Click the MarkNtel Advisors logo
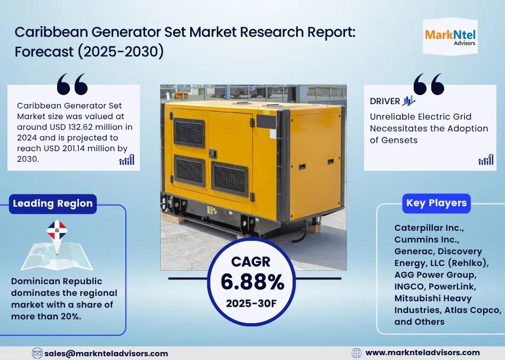tap(450, 37)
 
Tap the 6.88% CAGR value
tap(253, 282)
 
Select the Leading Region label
tap(53, 204)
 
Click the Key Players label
tap(436, 203)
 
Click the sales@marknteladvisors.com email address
tap(106, 354)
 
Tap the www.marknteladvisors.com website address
tap(423, 353)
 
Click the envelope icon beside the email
tap(37, 354)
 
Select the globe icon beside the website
tap(356, 353)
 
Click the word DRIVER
tap(385, 101)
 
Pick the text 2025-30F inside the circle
tap(251, 303)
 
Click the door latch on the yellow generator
tap(213, 154)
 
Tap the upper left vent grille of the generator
tap(189, 132)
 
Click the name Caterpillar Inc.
tap(429, 228)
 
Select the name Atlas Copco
tap(473, 310)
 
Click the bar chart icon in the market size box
tap(127, 160)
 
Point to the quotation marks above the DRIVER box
tap(429, 84)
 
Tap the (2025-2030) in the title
tap(121, 52)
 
